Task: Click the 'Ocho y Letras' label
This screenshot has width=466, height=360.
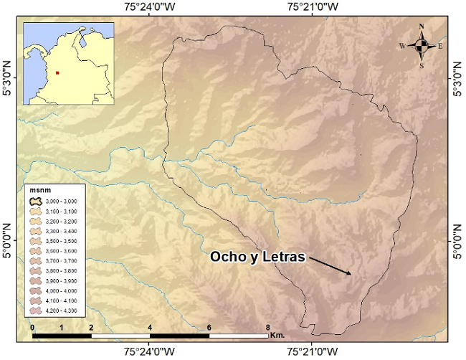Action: coord(257,257)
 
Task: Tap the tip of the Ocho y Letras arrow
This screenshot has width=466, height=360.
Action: coord(351,274)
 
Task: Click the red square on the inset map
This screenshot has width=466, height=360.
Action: coord(57,72)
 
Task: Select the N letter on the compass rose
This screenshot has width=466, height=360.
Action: coord(422,27)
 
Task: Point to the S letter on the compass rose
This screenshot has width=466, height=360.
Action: coord(422,65)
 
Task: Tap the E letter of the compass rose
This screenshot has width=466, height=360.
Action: coord(440,46)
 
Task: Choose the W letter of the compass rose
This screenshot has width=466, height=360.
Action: coord(403,46)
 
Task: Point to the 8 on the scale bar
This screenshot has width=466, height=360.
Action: coord(268,326)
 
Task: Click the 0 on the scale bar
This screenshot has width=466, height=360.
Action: coord(33,326)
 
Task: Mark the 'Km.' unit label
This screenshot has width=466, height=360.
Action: coord(278,335)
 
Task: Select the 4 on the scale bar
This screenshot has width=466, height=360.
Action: coord(151,326)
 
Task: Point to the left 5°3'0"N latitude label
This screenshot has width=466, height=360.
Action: coord(8,86)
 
